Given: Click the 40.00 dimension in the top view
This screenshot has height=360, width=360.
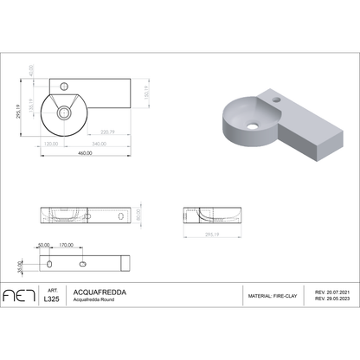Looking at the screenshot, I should [x=33, y=68].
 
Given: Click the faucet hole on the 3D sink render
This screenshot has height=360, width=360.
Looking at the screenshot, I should [x=280, y=102].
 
